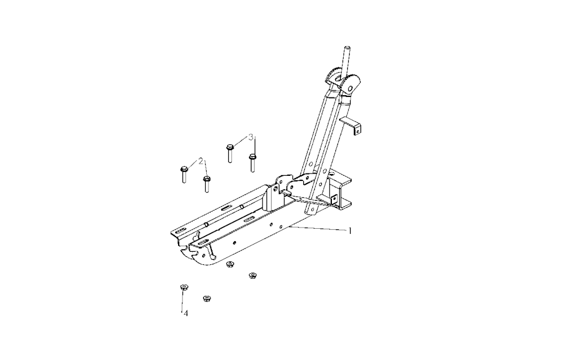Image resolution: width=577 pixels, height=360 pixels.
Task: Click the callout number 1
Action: pyautogui.click(x=350, y=231)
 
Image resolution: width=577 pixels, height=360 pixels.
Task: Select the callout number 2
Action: pyautogui.click(x=201, y=161)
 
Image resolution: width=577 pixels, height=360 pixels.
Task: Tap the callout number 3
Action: pyautogui.click(x=251, y=137)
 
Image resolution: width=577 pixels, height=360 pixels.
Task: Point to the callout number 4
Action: pyautogui.click(x=186, y=313)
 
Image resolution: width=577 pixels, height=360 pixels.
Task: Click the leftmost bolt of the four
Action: pyautogui.click(x=184, y=174)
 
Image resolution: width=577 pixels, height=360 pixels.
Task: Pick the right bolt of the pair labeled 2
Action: pyautogui.click(x=207, y=184)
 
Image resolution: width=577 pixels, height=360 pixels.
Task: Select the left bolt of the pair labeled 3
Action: pyautogui.click(x=230, y=153)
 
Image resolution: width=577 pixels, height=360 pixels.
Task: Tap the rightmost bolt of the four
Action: pyautogui.click(x=252, y=163)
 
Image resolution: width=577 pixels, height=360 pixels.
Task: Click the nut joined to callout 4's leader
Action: pyautogui.click(x=183, y=287)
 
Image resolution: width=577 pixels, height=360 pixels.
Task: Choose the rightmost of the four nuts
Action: pyautogui.click(x=252, y=275)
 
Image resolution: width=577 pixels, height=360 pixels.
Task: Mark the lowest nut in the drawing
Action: pyautogui.click(x=207, y=298)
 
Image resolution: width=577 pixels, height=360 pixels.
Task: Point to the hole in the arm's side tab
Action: pyautogui.click(x=356, y=129)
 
